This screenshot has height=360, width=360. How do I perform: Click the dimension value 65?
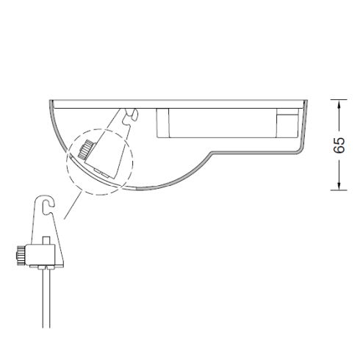[x=339, y=145]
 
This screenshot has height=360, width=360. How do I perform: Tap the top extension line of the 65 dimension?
[x=339, y=99]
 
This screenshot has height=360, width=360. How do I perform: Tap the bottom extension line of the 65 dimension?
[x=339, y=190]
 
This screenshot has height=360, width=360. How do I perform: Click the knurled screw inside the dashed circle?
[x=86, y=149]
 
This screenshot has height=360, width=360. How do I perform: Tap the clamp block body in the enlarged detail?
[x=40, y=255]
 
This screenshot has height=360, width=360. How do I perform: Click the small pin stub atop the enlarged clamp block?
[x=46, y=240]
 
